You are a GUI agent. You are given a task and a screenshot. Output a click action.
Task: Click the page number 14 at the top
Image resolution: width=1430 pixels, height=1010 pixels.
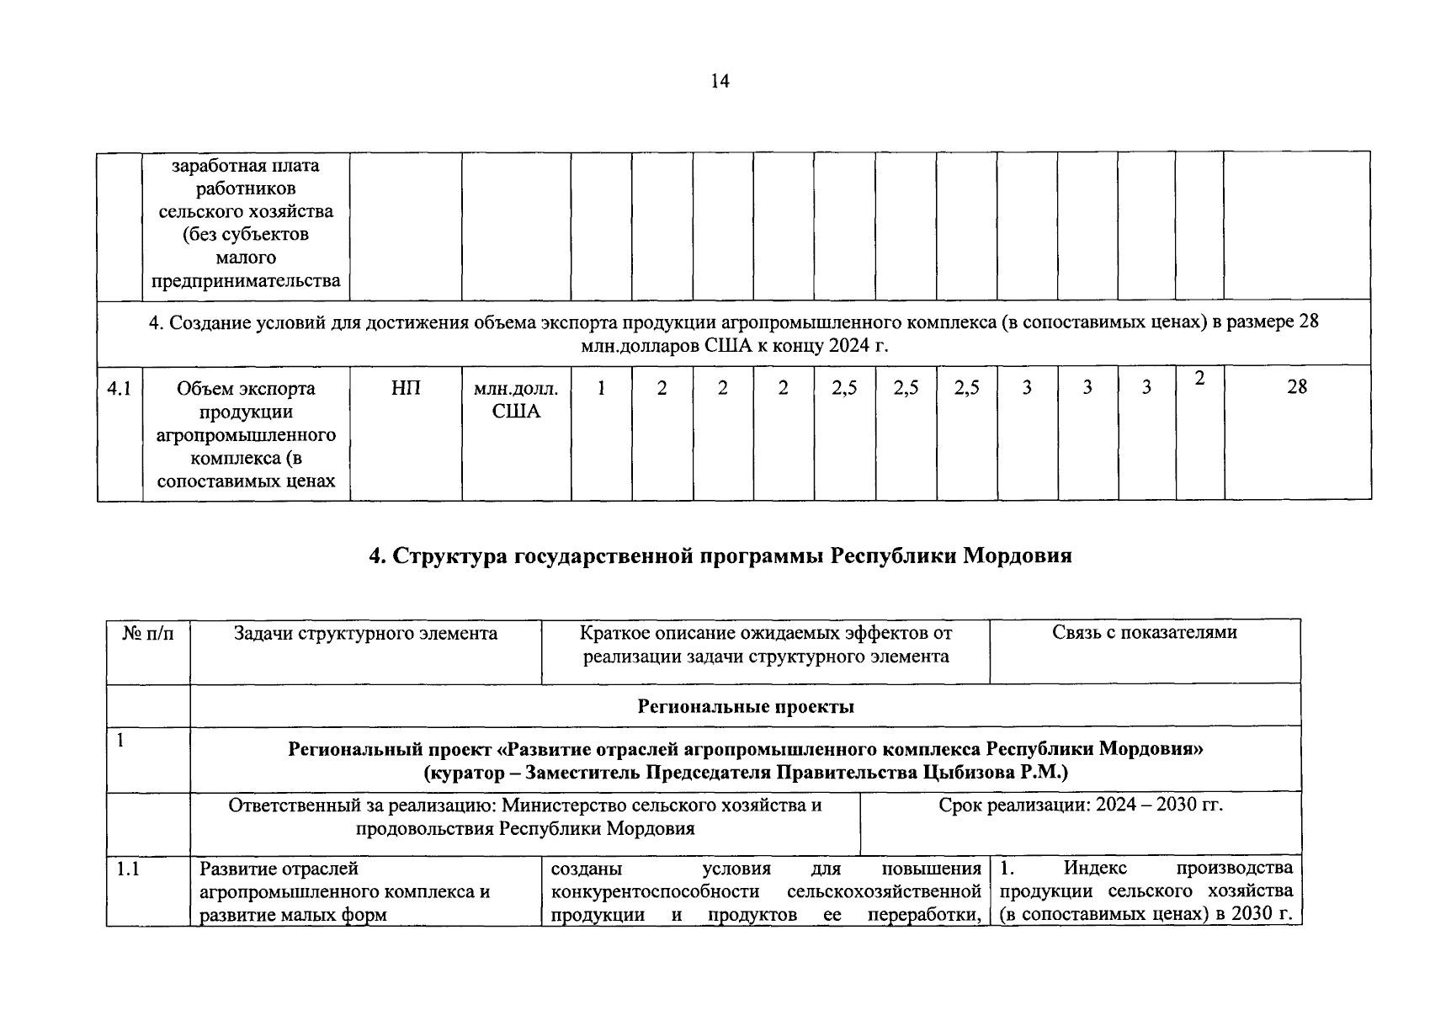pos(720,81)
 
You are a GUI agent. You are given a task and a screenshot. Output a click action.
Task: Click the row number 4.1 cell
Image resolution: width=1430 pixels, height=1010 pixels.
pos(119,389)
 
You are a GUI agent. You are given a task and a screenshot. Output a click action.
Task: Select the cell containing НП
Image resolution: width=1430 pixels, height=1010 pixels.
pos(406,388)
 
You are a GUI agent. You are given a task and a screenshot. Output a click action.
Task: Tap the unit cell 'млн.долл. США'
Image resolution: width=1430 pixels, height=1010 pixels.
pos(516,400)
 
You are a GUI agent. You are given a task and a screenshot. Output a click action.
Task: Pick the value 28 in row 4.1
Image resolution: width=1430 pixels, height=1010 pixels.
pos(1297,386)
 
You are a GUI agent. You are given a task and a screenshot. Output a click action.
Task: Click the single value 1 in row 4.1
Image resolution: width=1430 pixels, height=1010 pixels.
pos(601,388)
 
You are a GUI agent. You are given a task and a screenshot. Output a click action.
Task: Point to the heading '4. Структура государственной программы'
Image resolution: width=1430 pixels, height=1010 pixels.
pos(720,555)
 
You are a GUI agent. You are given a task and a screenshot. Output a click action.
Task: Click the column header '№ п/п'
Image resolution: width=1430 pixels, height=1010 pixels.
pos(148,633)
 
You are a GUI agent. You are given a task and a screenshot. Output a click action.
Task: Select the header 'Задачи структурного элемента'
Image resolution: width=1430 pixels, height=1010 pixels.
pos(365,633)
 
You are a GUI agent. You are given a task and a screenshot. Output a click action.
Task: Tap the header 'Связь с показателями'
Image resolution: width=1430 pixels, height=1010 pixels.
pos(1145,632)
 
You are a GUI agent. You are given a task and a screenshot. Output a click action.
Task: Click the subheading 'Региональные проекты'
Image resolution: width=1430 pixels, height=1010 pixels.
pos(746,706)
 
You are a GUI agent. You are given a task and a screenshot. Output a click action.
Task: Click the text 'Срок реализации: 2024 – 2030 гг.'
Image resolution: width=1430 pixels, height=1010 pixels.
pos(1081,805)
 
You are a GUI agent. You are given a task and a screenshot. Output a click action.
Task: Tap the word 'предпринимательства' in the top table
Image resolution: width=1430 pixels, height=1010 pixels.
pos(246,280)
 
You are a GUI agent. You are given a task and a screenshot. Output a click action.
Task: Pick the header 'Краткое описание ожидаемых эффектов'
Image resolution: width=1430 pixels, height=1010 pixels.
pos(766,633)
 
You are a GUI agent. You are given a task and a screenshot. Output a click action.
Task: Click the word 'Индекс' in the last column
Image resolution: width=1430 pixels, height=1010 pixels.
pos(1095,868)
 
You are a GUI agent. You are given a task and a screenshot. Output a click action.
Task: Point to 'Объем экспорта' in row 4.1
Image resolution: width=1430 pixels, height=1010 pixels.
pos(246,389)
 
